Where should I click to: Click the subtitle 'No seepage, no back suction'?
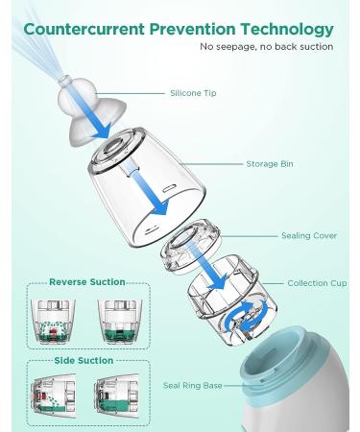pos(266,47)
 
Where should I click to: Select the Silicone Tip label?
pos(193,93)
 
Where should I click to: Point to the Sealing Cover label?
pos(308,235)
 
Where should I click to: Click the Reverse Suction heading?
pos(87,282)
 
